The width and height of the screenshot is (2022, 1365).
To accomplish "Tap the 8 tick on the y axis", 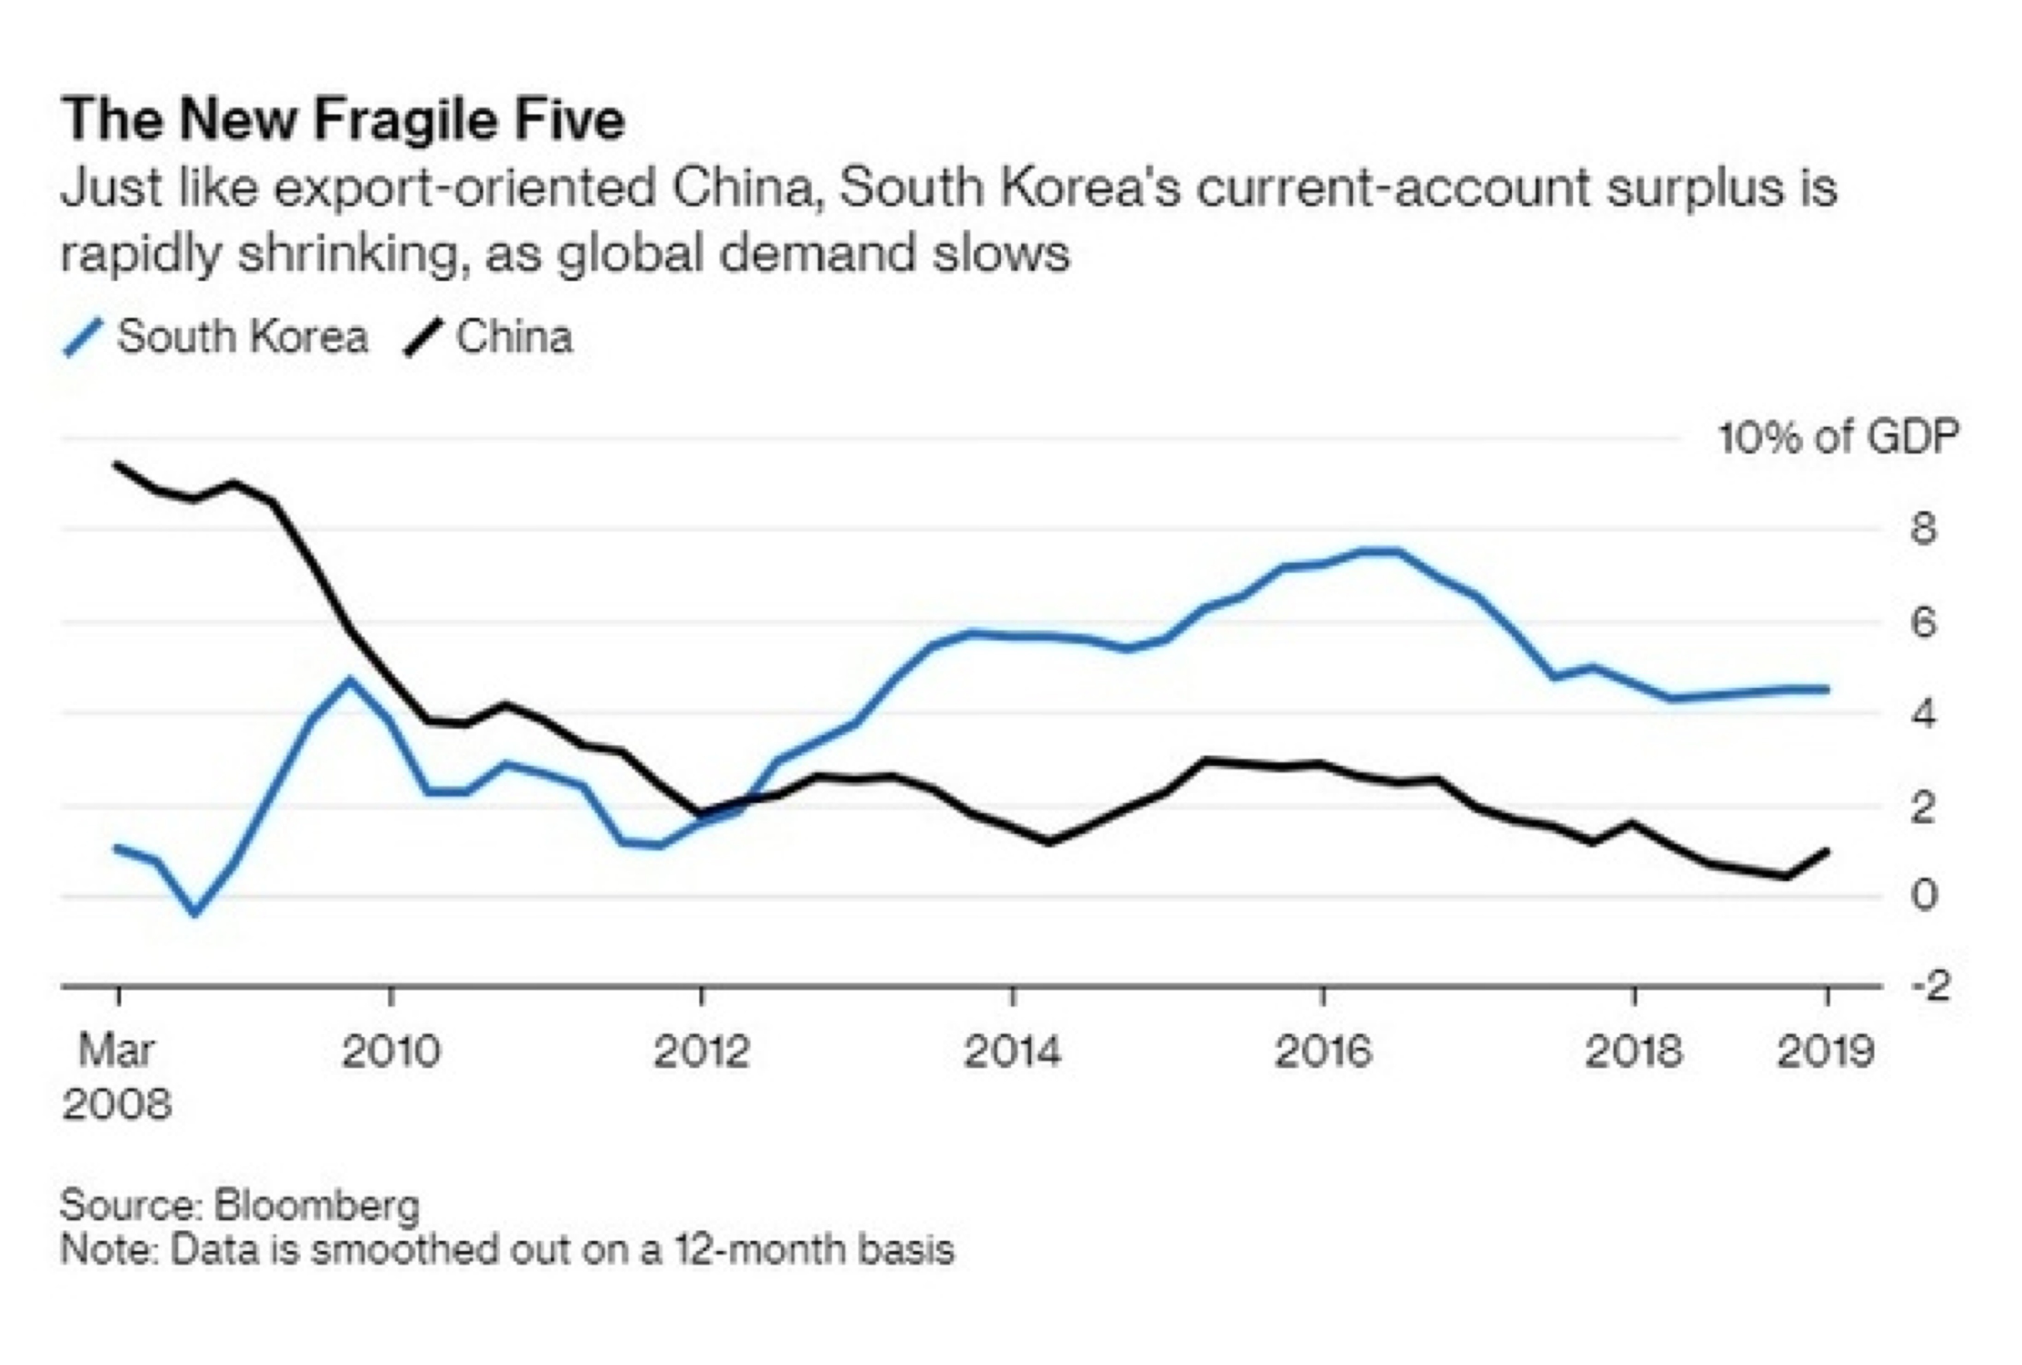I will (1924, 528).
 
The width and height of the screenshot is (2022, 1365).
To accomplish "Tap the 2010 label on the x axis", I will (391, 1052).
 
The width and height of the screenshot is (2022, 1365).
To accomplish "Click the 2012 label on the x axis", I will (701, 1052).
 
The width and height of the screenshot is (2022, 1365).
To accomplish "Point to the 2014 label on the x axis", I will (1013, 1052).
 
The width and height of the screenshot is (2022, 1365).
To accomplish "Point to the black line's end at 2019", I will (1827, 851).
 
